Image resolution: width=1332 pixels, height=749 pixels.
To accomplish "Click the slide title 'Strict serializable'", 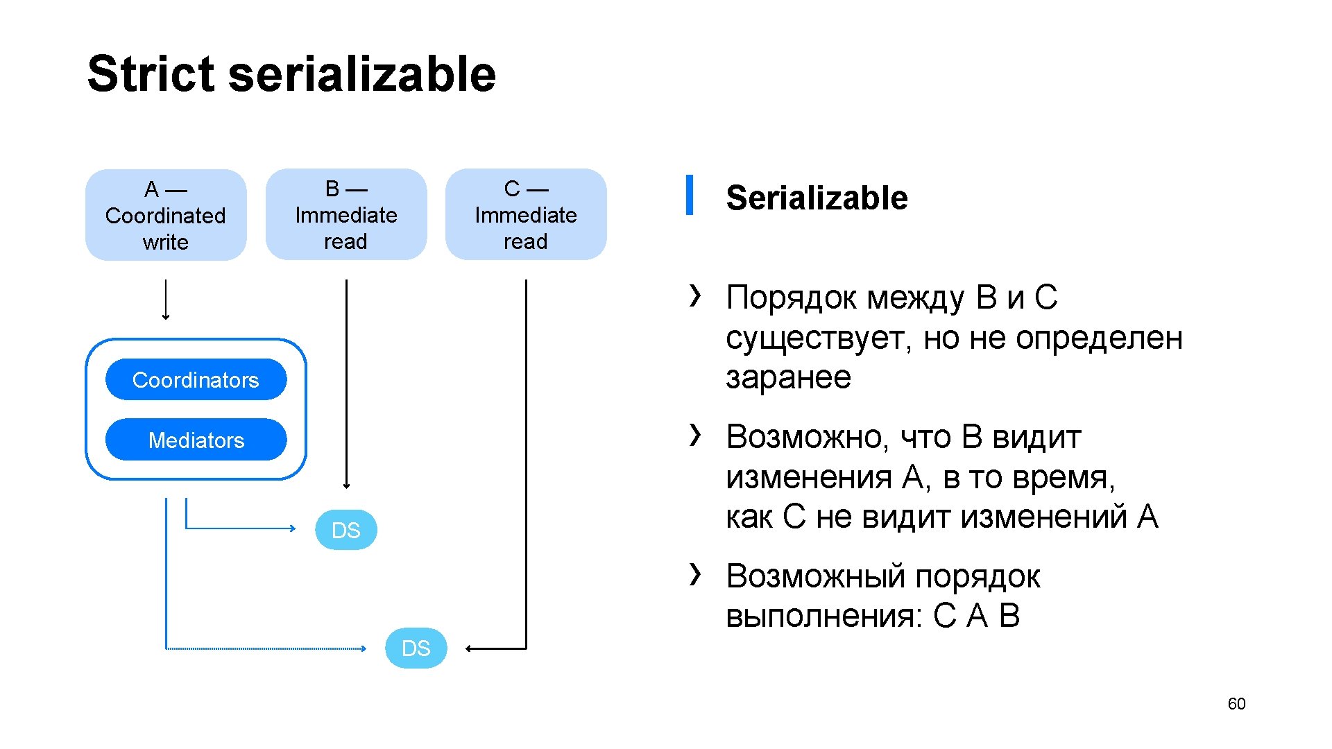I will (x=291, y=74).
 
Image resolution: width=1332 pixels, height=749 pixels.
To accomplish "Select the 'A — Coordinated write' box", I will (x=166, y=215).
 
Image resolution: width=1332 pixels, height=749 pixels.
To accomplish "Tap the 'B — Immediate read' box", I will (x=346, y=215).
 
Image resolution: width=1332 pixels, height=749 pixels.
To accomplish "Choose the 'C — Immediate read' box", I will (x=526, y=215).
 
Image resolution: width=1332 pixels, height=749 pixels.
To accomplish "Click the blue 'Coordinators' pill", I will (x=196, y=379).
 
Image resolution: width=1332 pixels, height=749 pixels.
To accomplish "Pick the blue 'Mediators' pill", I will (x=196, y=440).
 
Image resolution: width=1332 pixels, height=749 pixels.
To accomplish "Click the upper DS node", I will (x=346, y=530).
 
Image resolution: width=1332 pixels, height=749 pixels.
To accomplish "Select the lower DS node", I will (x=416, y=648).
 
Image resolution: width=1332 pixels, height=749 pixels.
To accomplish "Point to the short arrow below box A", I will (x=166, y=300).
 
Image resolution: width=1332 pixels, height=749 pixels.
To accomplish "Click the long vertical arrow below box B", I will (x=346, y=381).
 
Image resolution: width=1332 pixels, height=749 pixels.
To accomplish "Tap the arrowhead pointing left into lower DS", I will (x=470, y=648).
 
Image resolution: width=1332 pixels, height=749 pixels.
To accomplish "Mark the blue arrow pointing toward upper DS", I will (x=243, y=528).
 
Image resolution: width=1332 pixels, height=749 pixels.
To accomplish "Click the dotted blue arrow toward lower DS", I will (x=264, y=648).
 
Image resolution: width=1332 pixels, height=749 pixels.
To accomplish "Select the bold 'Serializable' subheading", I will (x=817, y=198).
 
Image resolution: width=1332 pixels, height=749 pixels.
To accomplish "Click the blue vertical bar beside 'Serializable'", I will (x=690, y=195).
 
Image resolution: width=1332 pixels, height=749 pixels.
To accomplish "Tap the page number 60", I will (x=1236, y=704).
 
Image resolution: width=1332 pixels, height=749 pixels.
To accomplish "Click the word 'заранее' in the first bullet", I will (x=788, y=377).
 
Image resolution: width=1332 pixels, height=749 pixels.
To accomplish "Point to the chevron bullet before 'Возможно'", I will (x=695, y=435).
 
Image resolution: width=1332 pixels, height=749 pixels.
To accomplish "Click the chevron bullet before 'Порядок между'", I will (x=695, y=295).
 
